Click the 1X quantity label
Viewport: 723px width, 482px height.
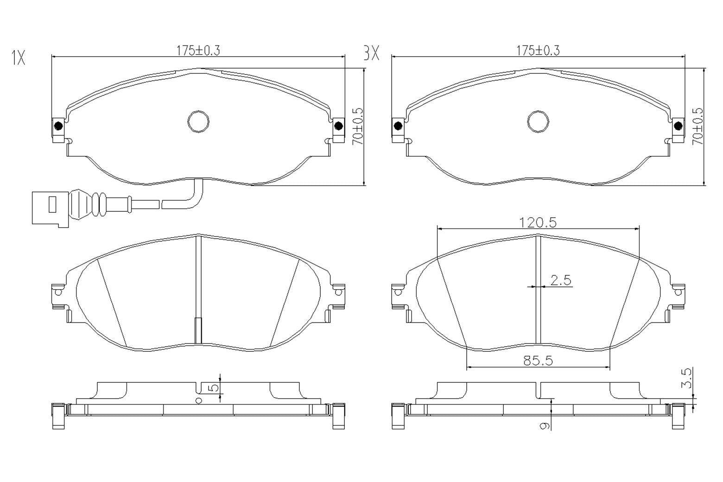coord(18,58)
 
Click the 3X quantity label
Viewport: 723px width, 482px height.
coord(371,54)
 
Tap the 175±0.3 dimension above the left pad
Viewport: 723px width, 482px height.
coord(198,51)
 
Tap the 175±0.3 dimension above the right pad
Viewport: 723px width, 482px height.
coord(538,51)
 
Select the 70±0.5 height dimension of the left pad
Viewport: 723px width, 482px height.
coord(358,127)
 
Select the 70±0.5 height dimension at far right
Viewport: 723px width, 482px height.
coord(698,127)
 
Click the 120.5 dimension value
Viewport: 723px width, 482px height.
coord(538,222)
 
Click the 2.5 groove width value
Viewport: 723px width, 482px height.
coord(561,280)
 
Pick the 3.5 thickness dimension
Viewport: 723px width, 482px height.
coord(688,378)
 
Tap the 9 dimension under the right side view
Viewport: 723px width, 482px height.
coord(545,425)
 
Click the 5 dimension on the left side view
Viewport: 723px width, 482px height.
coord(214,387)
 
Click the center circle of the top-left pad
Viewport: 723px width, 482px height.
coord(198,121)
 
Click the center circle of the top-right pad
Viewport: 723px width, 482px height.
coord(538,121)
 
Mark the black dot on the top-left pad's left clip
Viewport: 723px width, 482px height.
coord(58,126)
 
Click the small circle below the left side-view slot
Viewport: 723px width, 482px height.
coord(199,401)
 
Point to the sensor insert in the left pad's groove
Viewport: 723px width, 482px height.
coord(198,330)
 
